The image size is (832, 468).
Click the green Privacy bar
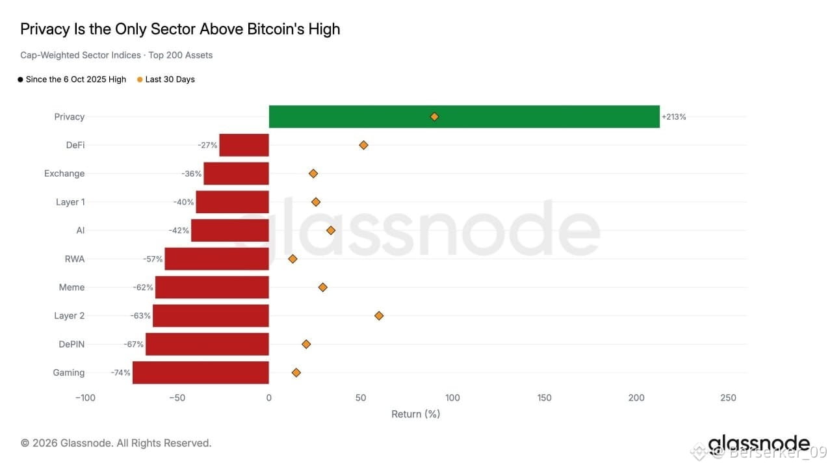464,116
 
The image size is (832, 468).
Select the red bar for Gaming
201,372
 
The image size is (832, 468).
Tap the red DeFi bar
244,145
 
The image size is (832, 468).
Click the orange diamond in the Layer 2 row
379,316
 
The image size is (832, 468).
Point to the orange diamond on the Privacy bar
434,116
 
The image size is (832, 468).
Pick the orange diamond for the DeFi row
363,145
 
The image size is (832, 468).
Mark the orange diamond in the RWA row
292,259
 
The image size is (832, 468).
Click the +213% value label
674,116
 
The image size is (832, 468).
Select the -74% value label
120,372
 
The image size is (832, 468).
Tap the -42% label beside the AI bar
179,230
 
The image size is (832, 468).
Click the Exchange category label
64,174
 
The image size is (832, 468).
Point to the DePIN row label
71,344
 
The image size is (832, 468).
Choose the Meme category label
71,287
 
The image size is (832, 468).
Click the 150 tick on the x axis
544,398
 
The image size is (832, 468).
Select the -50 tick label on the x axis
177,398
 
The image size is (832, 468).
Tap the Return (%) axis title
415,414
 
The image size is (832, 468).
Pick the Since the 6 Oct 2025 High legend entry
72,79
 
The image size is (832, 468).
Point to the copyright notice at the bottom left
116,443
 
